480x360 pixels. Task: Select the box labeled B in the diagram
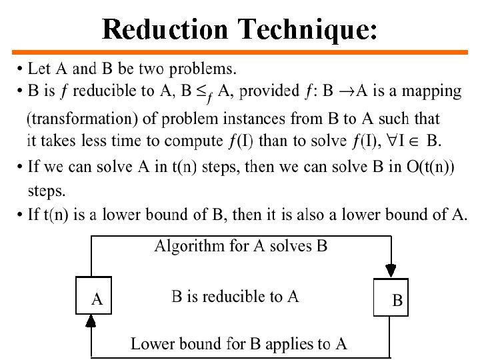click(391, 298)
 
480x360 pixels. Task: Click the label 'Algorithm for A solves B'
click(241, 246)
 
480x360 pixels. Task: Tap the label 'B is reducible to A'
click(235, 297)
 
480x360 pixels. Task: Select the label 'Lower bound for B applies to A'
click(239, 344)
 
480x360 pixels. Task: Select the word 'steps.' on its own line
click(46, 191)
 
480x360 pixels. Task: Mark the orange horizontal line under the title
click(240, 51)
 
